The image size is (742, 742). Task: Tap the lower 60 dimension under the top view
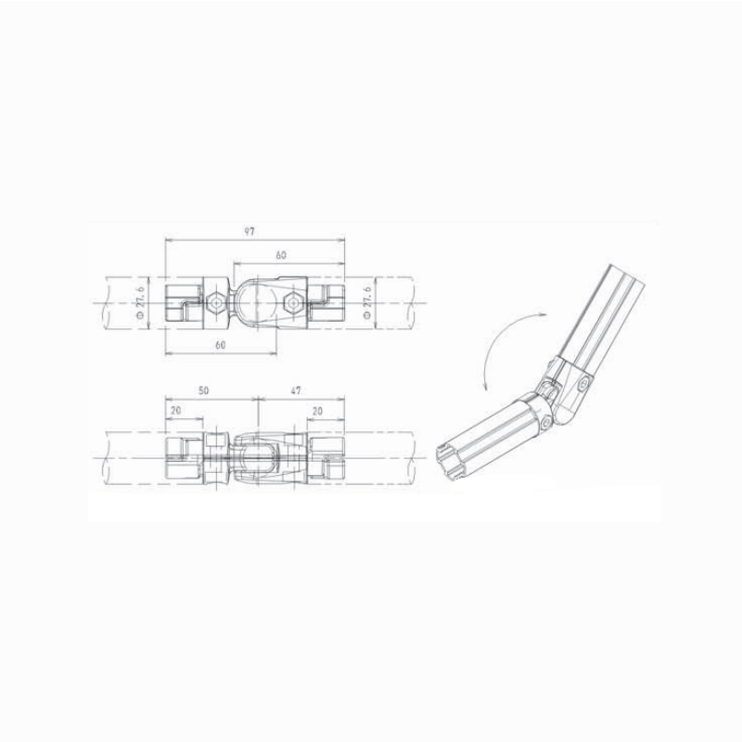click(221, 344)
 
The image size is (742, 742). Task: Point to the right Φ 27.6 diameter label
click(368, 301)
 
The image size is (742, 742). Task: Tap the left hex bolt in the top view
click(215, 302)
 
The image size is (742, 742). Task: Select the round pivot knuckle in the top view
click(252, 301)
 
